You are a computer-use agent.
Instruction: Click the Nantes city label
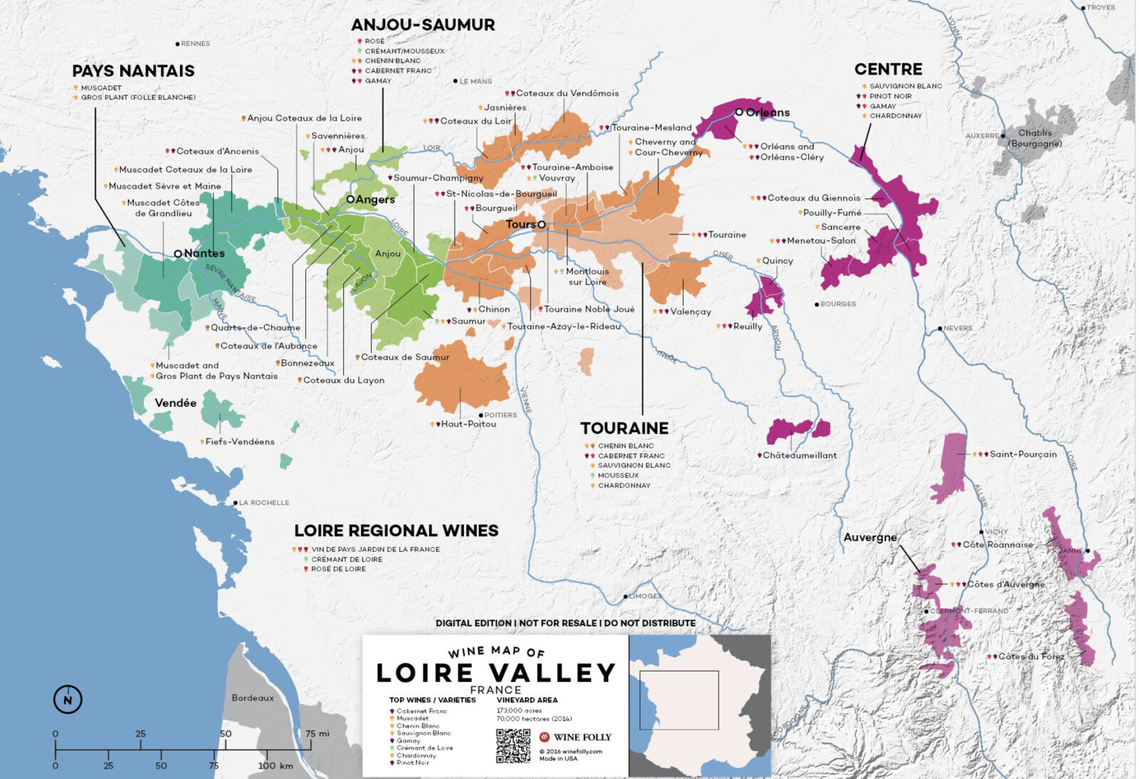pos(204,253)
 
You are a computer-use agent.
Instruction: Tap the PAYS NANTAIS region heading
pos(133,71)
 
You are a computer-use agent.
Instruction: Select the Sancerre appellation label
pos(841,227)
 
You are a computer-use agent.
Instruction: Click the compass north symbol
pos(68,699)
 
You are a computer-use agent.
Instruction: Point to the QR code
pos(513,746)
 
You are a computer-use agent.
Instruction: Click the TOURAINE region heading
pos(624,429)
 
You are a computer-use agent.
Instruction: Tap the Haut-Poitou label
pos(468,424)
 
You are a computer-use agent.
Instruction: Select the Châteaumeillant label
pos(799,456)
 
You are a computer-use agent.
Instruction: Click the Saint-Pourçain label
pos(1023,454)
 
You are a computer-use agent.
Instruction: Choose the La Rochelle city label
pos(263,503)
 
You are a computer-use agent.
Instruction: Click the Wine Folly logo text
pos(582,737)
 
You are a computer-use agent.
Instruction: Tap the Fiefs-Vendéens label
pos(240,442)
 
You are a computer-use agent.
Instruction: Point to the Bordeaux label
pos(252,698)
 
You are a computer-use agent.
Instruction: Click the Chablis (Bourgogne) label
pos(1034,138)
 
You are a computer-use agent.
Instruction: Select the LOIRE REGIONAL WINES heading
pos(396,531)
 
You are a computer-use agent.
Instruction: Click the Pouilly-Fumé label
pos(831,213)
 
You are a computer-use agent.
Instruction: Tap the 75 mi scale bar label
pos(317,733)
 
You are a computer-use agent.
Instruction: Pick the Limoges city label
pos(645,596)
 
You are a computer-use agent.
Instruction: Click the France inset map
pos(699,705)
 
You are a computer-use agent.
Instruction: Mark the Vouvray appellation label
pos(556,178)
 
